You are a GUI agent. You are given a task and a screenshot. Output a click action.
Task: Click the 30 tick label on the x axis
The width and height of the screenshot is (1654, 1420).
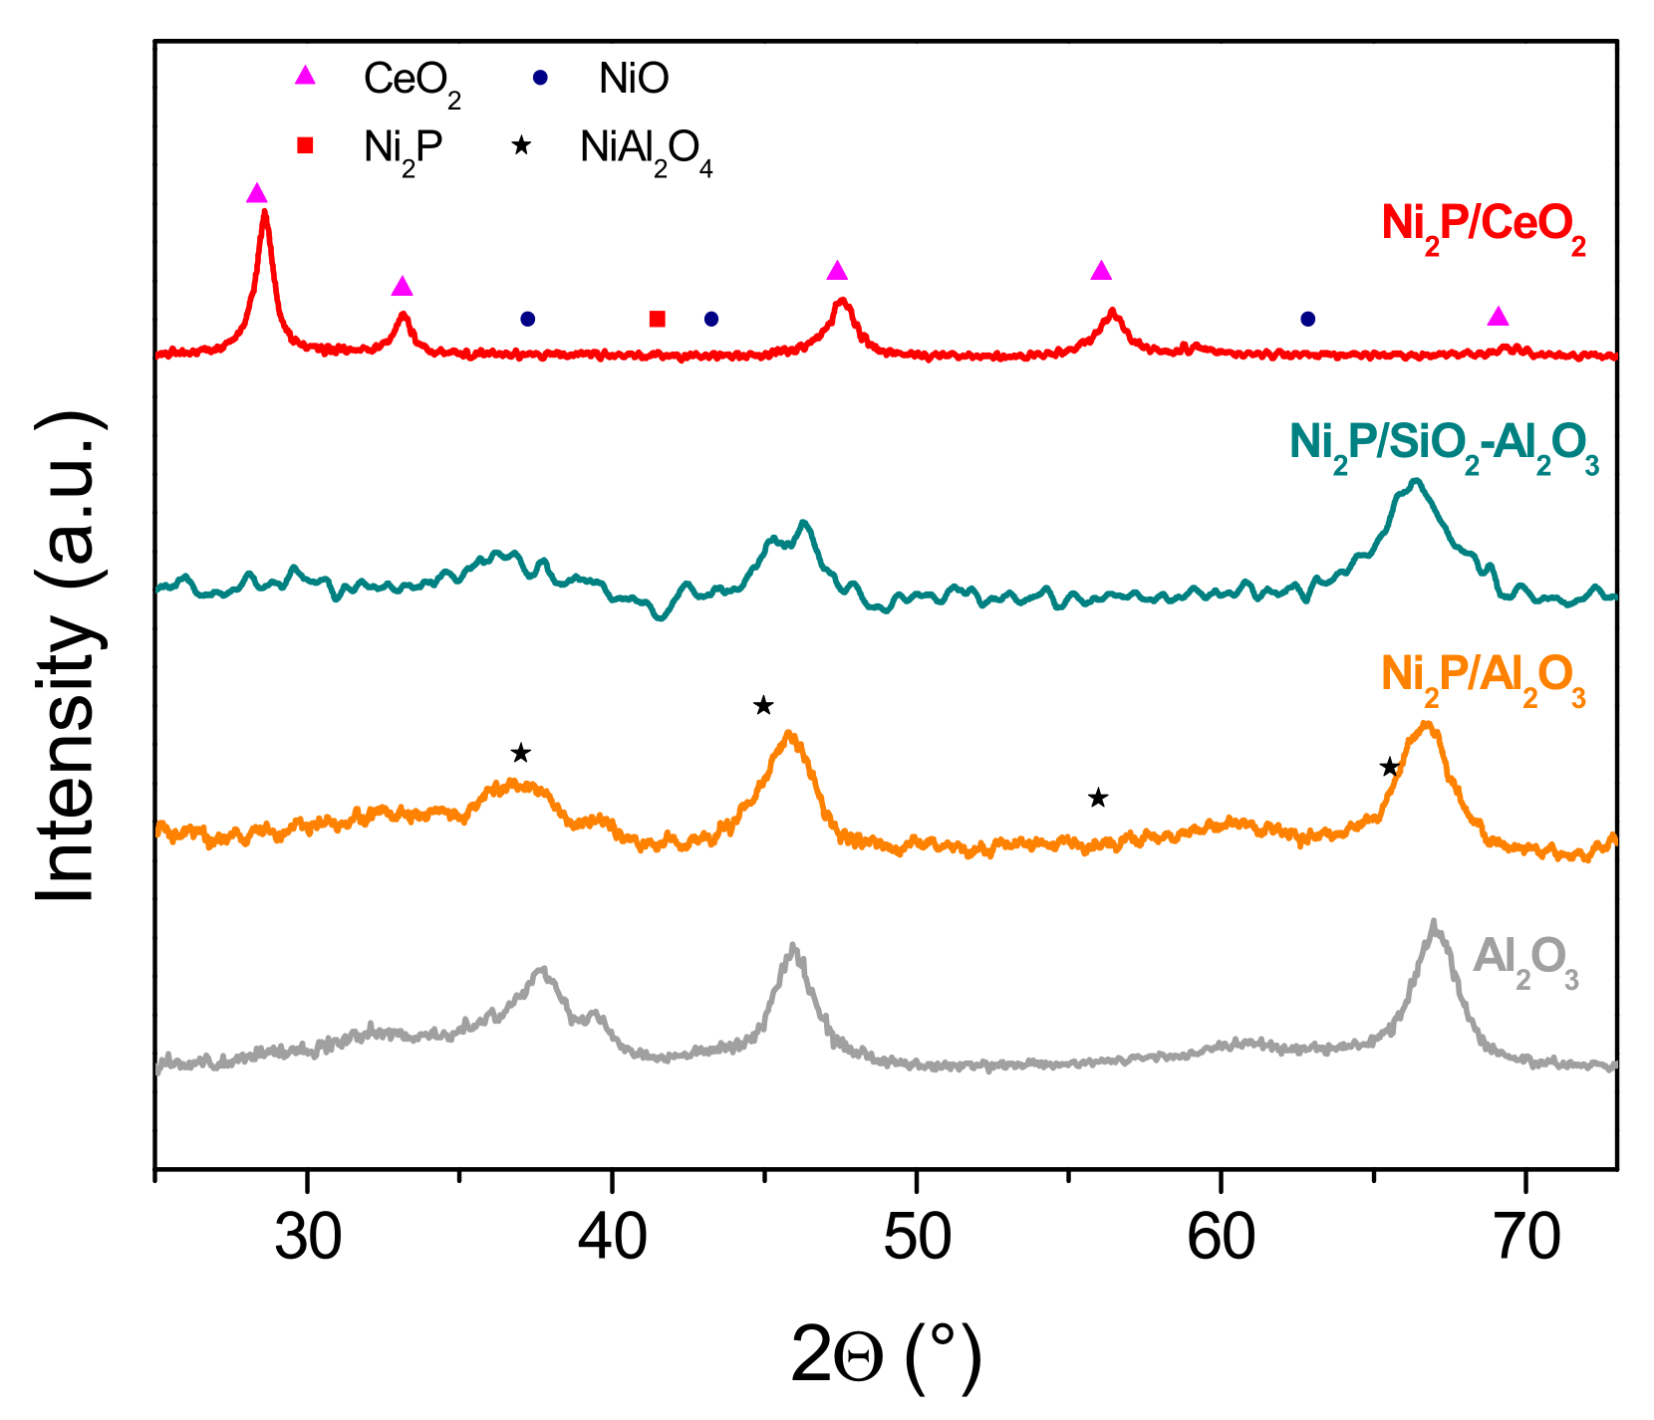tap(307, 1238)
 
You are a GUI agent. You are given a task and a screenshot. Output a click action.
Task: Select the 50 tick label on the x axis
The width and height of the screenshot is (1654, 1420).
tap(915, 1238)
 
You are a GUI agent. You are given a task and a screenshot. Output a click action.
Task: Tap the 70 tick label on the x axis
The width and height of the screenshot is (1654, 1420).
tap(1524, 1238)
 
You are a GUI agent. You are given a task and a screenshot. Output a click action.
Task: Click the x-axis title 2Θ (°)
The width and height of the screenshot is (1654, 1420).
tap(886, 1356)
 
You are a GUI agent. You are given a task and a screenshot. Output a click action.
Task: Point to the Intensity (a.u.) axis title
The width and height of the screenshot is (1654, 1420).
tap(68, 657)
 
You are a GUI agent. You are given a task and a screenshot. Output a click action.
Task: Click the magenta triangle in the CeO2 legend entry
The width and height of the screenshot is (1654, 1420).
tap(305, 76)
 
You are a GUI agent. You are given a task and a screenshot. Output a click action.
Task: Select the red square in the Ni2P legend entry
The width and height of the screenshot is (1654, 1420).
tap(305, 146)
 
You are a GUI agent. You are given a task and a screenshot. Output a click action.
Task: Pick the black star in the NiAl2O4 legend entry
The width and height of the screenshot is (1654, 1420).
tap(520, 146)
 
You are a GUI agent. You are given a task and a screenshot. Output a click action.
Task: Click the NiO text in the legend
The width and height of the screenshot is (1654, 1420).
tap(634, 78)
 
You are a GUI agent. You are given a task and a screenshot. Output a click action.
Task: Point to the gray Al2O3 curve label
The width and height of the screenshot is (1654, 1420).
tap(1524, 959)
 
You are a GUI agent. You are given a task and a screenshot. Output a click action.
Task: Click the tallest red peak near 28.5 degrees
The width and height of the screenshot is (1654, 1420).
tap(264, 211)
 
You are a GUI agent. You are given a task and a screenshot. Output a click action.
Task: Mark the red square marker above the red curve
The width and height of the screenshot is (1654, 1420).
tap(657, 319)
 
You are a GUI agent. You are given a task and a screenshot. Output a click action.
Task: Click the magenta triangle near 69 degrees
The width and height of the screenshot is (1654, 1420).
tap(1498, 317)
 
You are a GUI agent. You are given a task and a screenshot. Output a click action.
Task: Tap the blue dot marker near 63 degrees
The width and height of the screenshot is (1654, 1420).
tap(1308, 319)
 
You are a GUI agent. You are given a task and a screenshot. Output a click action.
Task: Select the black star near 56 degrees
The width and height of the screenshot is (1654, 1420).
tap(1097, 798)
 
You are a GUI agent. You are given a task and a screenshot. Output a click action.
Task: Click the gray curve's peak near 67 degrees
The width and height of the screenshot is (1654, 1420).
tap(1433, 922)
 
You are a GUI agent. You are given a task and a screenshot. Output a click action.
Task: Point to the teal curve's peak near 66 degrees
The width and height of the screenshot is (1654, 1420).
tap(1415, 481)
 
